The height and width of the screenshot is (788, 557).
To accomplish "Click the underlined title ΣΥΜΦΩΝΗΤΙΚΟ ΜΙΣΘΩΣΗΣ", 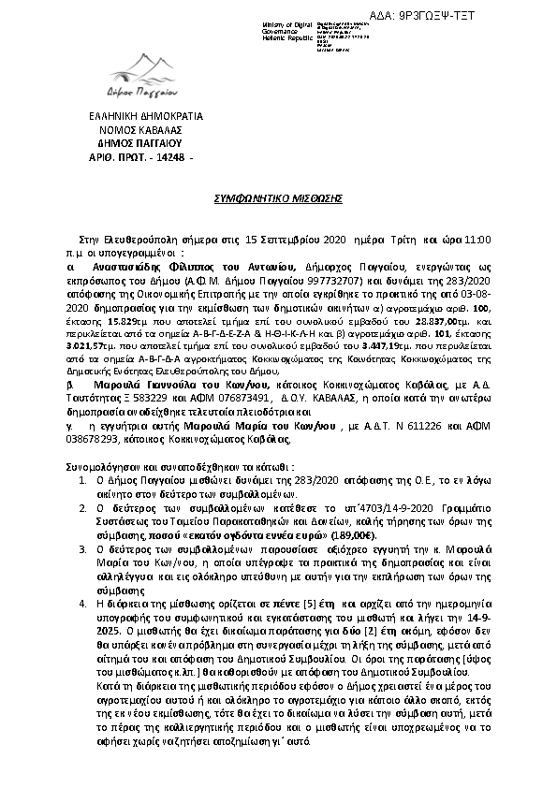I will pos(274,199).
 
